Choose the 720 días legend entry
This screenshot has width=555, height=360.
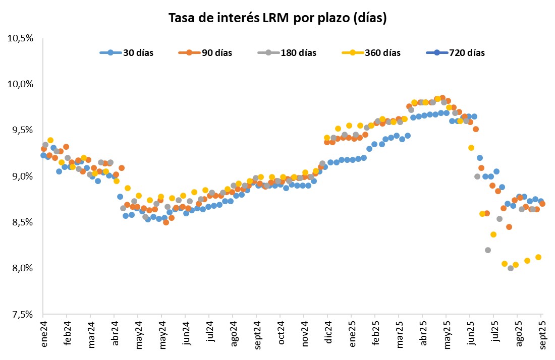(x=455, y=52)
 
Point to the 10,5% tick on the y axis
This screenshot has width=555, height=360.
(x=20, y=38)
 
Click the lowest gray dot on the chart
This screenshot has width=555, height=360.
(x=511, y=268)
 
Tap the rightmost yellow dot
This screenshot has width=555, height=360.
(x=538, y=257)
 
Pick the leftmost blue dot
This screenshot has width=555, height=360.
(x=43, y=155)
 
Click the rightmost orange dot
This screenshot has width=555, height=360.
(x=542, y=204)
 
